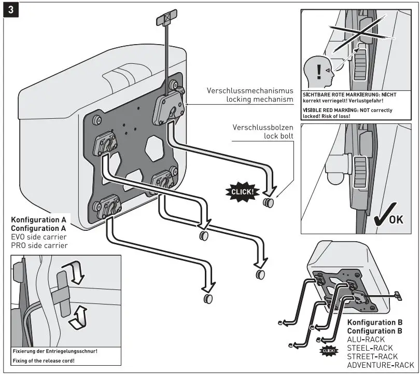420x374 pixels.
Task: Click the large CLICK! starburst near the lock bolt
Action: click(x=242, y=191)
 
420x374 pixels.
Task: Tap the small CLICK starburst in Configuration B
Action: click(x=329, y=352)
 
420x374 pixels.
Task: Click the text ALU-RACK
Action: click(x=366, y=339)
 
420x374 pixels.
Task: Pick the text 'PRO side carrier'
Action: click(x=39, y=245)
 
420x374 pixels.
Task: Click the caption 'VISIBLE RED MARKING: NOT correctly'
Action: click(x=347, y=110)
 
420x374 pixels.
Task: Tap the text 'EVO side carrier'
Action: click(x=39, y=237)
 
